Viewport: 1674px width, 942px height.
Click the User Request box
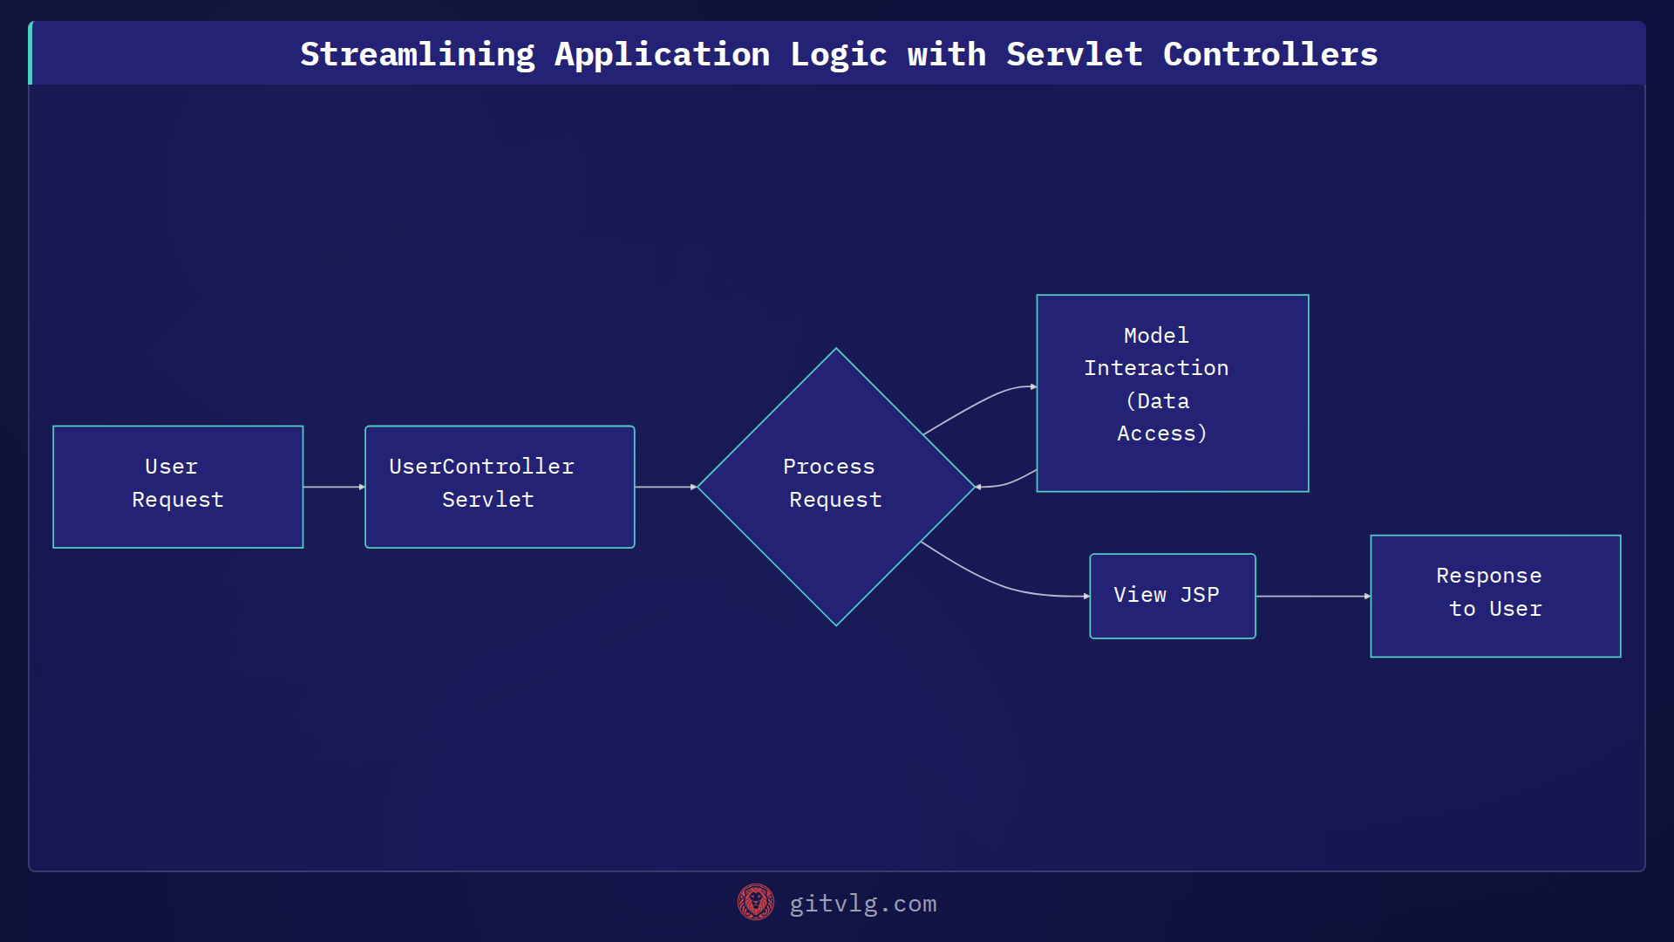[x=178, y=487]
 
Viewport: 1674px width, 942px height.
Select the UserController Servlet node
[x=500, y=487]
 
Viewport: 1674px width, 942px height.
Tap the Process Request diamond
[x=835, y=487]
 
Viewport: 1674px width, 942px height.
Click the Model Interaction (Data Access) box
[x=1172, y=393]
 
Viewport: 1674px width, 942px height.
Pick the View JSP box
[x=1172, y=596]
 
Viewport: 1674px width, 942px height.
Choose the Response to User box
[x=1495, y=596]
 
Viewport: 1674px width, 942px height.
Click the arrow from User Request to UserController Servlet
[x=334, y=487]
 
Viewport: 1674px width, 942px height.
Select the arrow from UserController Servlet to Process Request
[x=665, y=487]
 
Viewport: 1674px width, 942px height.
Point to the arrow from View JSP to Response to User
[x=1312, y=596]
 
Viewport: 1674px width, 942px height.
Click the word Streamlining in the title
[x=418, y=54]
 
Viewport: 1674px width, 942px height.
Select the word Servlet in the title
[x=1074, y=54]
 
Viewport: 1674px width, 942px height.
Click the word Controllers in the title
[x=1270, y=54]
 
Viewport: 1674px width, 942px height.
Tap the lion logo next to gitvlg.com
[x=755, y=903]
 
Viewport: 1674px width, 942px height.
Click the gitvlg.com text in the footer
[x=862, y=904]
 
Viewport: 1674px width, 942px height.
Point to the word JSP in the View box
[x=1200, y=595]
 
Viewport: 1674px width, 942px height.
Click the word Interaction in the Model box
[x=1156, y=368]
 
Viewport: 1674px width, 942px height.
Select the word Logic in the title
[x=838, y=54]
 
